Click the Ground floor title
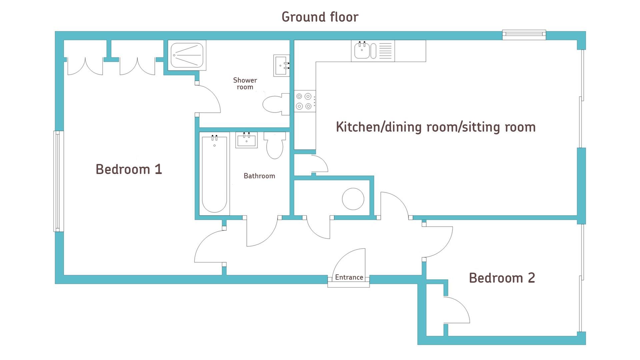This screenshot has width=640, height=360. click(x=320, y=17)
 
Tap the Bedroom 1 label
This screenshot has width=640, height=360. click(x=129, y=169)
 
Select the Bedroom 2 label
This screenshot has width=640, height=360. click(x=502, y=278)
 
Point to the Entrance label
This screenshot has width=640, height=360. click(x=349, y=277)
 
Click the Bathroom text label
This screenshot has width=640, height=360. click(x=259, y=176)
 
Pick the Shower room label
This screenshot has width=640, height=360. click(x=245, y=84)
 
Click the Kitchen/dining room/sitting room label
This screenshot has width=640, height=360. click(x=436, y=127)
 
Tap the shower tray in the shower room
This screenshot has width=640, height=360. click(x=187, y=55)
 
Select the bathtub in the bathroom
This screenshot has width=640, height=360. click(x=214, y=174)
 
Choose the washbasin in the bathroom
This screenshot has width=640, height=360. click(x=246, y=140)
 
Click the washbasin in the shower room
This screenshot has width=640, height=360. click(x=281, y=66)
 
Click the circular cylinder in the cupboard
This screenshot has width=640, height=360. click(x=353, y=199)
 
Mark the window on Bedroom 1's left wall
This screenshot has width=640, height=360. click(x=58, y=181)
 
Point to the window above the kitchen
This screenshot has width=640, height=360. click(x=524, y=35)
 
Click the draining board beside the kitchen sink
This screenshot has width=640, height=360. click(x=385, y=51)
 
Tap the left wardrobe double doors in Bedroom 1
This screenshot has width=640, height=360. click(x=85, y=66)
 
